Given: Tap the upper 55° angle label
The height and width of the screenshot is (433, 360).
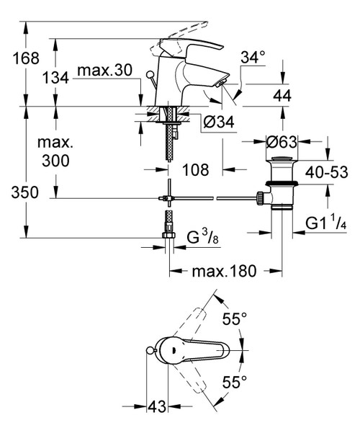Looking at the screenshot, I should (x=233, y=318).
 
